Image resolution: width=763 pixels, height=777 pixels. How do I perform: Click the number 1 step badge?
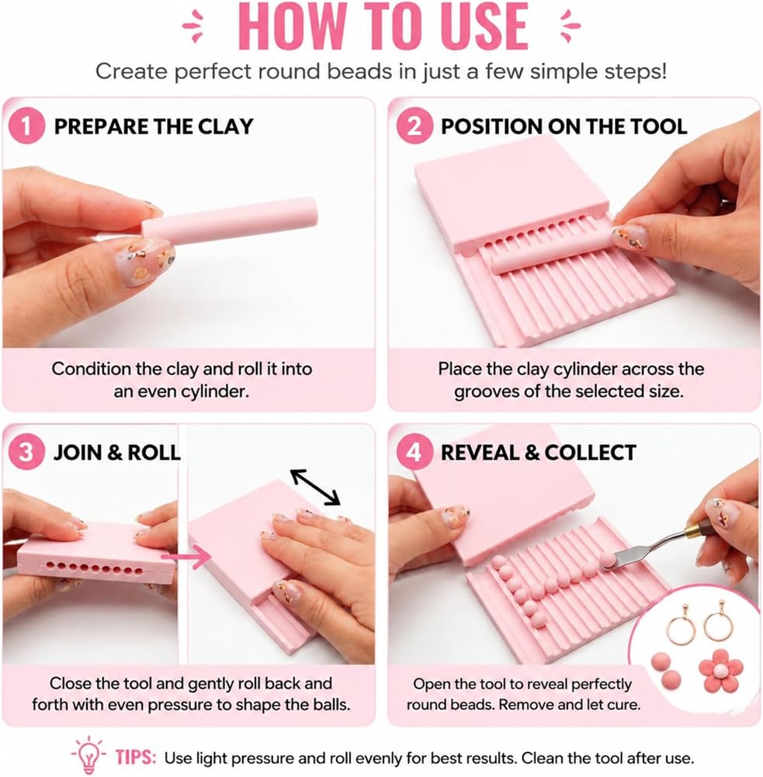(26, 127)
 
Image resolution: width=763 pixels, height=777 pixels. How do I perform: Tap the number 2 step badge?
(414, 127)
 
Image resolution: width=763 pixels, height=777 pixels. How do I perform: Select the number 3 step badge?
(26, 452)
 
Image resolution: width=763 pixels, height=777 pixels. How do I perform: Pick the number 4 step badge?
(414, 452)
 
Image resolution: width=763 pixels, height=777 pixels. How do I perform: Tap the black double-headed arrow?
(316, 487)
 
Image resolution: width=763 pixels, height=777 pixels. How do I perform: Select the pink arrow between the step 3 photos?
(187, 557)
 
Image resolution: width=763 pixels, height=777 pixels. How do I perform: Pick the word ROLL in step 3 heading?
(154, 453)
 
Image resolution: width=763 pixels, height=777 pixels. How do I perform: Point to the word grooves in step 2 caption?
(487, 392)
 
